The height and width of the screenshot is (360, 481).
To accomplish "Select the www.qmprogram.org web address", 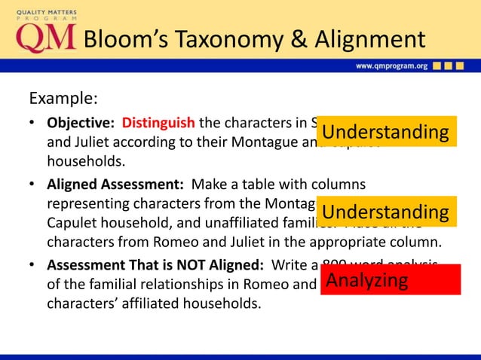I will point(391,66).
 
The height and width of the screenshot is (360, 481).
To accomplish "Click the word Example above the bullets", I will point(62,99).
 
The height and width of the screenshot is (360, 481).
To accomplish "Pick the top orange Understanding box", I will point(385,133).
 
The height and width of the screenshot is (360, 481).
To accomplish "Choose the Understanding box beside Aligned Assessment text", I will point(385,212).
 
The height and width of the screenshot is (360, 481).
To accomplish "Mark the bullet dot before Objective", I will point(32,123).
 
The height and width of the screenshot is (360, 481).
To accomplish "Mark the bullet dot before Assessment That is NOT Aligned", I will point(32,265).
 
